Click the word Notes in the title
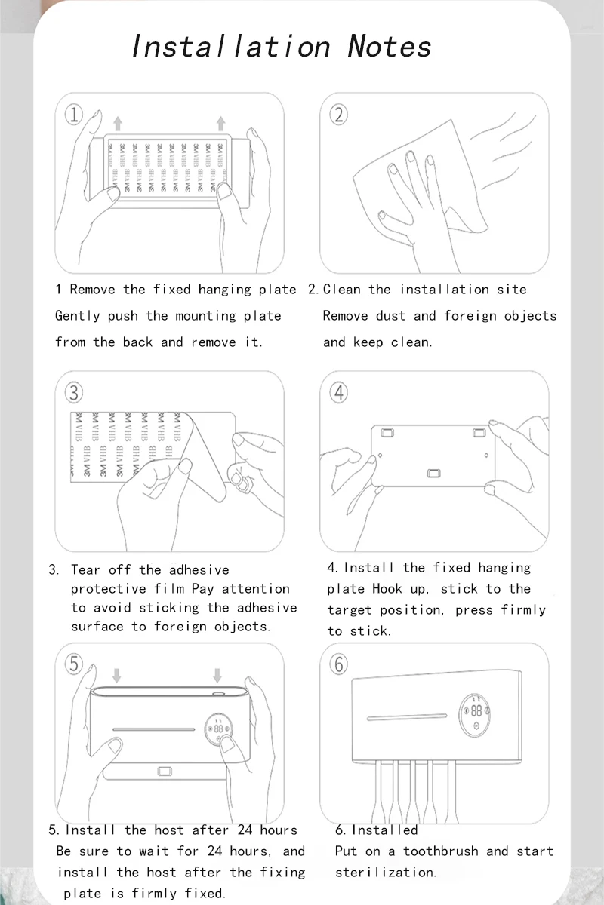pyautogui.click(x=390, y=47)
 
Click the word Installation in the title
pyautogui.click(x=231, y=47)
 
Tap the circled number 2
pyautogui.click(x=338, y=115)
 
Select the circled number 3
pyautogui.click(x=74, y=392)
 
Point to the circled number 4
pyautogui.click(x=339, y=392)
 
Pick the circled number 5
pyautogui.click(x=74, y=664)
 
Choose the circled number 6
pyautogui.click(x=339, y=664)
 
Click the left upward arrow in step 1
pyautogui.click(x=117, y=123)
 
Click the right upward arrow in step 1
pyautogui.click(x=220, y=123)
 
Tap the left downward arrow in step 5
pyautogui.click(x=117, y=673)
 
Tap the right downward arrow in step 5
pyautogui.click(x=218, y=673)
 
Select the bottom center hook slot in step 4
pyautogui.click(x=433, y=473)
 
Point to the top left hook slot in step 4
pyautogui.click(x=387, y=433)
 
